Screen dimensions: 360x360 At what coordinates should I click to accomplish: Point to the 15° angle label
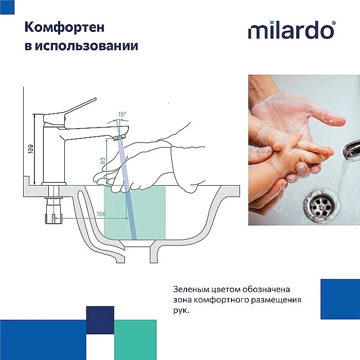(121, 114)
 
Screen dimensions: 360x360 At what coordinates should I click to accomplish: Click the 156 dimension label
(101, 214)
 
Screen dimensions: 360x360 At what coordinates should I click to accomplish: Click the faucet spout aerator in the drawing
(118, 137)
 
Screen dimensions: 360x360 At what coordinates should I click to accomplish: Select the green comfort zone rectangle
(149, 211)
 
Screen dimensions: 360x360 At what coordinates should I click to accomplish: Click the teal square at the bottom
(135, 339)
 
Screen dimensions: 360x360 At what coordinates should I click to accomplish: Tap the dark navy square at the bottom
(100, 319)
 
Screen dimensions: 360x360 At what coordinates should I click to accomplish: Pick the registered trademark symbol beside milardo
(334, 24)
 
